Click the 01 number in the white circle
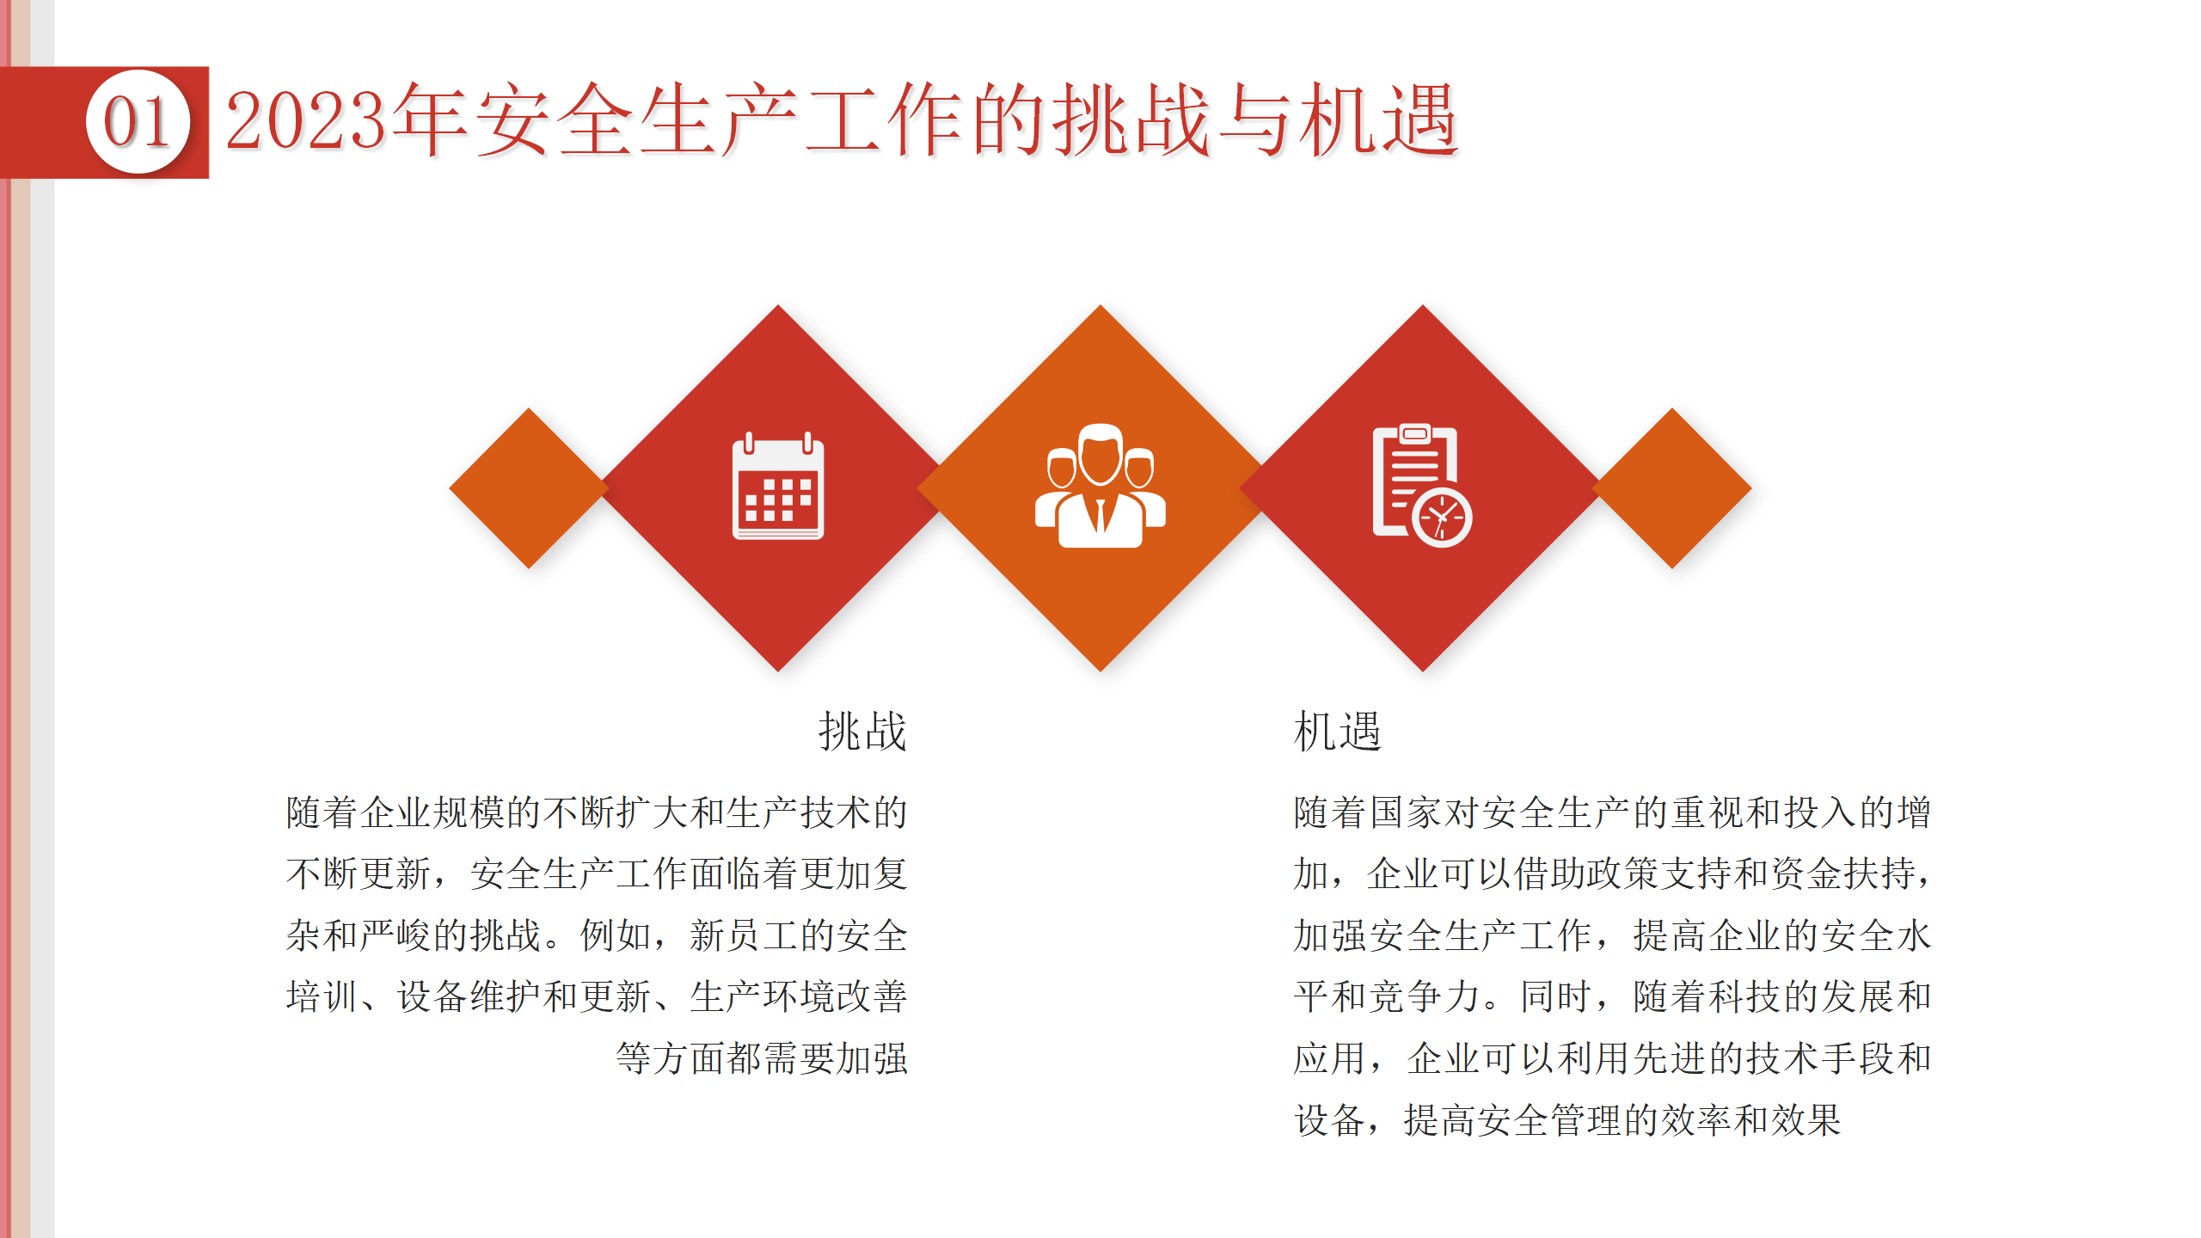click(x=137, y=122)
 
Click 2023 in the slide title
click(x=306, y=121)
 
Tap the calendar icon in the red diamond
click(x=778, y=487)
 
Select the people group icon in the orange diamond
click(x=1100, y=486)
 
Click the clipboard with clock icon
click(x=1422, y=485)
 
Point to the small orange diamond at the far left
click(x=529, y=488)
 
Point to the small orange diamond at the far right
click(x=1672, y=488)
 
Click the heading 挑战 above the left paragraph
click(x=862, y=732)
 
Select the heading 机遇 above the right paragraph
click(x=1338, y=732)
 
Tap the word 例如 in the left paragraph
click(x=616, y=935)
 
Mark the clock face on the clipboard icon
click(x=1442, y=518)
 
